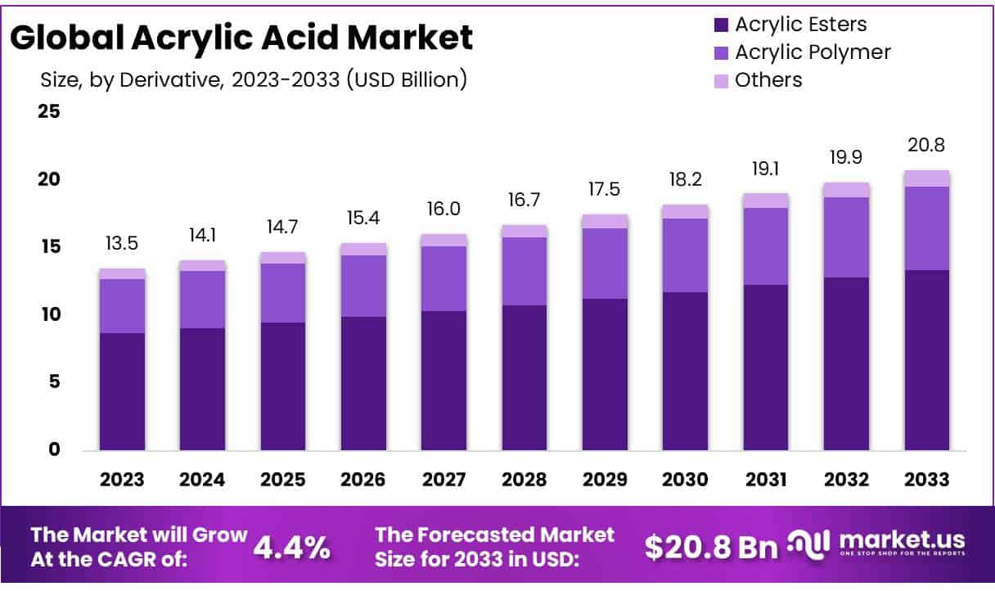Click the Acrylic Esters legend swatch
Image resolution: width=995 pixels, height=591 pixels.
[x=721, y=25]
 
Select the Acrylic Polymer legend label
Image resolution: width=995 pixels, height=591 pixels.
[x=812, y=52]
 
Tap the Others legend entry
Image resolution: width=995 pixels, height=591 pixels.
[x=768, y=80]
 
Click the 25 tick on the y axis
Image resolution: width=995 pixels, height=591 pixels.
[x=49, y=111]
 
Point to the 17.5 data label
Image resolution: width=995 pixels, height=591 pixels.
[x=605, y=189]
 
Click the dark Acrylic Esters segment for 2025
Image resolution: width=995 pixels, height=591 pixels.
[x=283, y=386]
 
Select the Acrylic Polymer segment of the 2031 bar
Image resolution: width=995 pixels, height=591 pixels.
[x=766, y=246]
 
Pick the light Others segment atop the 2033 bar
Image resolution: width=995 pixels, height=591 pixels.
[x=926, y=178]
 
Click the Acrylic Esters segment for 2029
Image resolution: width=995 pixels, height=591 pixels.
[x=605, y=374]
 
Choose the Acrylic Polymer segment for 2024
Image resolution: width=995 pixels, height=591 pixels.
[x=203, y=300]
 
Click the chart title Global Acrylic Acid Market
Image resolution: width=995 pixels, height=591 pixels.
[x=242, y=38]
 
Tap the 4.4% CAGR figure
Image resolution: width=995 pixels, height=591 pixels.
[x=292, y=547]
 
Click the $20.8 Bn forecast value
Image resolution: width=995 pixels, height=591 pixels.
[x=711, y=547]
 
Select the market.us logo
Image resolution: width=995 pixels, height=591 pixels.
[x=876, y=544]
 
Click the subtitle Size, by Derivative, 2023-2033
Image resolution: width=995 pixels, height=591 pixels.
[x=253, y=80]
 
